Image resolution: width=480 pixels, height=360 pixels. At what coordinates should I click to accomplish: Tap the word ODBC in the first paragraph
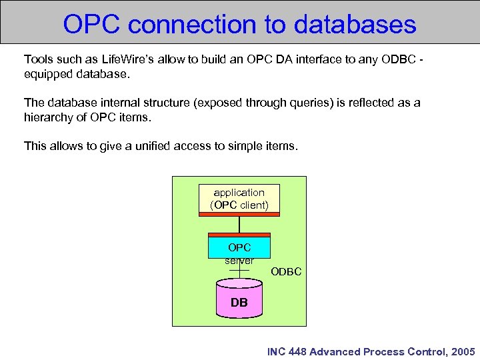click(x=396, y=60)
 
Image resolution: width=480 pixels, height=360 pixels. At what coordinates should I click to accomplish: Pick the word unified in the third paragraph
click(x=149, y=145)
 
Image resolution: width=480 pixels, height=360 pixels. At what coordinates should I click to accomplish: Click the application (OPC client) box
click(x=239, y=199)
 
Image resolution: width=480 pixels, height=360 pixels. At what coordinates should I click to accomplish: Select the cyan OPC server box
click(x=239, y=248)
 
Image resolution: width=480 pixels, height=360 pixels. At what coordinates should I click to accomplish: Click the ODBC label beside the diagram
click(x=286, y=271)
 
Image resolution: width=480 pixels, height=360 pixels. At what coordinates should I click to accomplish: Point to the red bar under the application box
click(x=239, y=214)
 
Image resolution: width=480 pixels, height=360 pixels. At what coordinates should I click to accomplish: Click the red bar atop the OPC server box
click(x=239, y=235)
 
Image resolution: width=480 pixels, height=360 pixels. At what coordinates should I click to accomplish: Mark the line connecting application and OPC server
click(x=239, y=224)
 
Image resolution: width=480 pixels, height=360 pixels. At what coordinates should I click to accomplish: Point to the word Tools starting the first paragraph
click(x=37, y=60)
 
